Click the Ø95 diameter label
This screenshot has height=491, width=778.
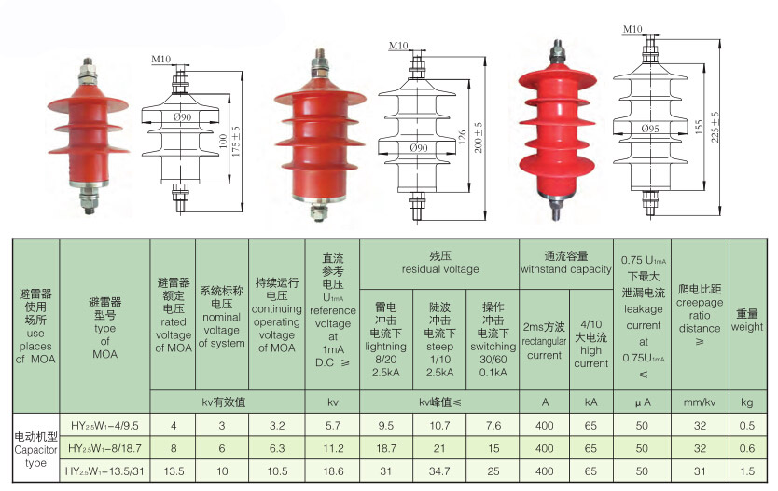[649, 129]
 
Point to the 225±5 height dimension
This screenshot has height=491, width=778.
[715, 127]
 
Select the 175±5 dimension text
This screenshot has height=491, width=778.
[236, 143]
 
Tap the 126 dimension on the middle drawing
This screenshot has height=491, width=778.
[462, 138]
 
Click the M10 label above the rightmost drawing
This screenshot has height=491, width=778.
[632, 29]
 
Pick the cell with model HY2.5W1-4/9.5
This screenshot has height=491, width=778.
[104, 425]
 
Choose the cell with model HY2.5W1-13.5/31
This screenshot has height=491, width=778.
[104, 471]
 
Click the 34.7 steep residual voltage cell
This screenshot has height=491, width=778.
[439, 471]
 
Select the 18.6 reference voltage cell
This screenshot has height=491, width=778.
[333, 471]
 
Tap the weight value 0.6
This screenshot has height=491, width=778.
[746, 448]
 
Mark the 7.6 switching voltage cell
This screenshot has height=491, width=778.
[493, 425]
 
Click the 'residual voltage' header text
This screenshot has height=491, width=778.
[440, 269]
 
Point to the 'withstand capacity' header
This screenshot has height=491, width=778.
[565, 269]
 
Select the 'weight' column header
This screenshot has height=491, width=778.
[746, 327]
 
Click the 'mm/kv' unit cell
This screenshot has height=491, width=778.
[700, 402]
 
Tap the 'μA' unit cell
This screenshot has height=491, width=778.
[643, 402]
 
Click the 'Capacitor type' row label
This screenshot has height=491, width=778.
[35, 457]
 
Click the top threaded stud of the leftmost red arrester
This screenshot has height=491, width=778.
[88, 63]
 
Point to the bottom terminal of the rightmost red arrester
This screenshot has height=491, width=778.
[556, 209]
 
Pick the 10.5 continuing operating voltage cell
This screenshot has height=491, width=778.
[277, 471]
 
